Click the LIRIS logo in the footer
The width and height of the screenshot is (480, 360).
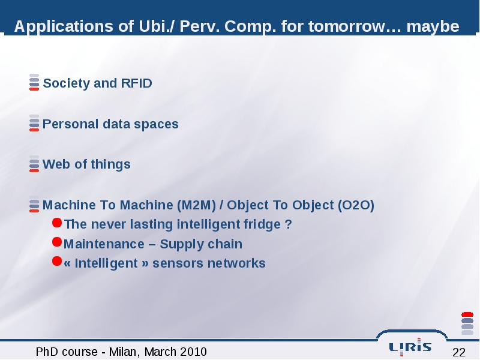(410, 347)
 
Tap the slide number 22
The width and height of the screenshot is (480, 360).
(459, 352)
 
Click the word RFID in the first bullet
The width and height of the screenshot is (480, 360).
(137, 83)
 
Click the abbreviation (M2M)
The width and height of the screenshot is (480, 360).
(197, 205)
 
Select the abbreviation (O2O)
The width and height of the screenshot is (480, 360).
(356, 205)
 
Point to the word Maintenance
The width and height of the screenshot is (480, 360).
(104, 244)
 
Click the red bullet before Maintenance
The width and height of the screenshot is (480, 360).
(57, 242)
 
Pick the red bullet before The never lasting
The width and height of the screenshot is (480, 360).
(57, 223)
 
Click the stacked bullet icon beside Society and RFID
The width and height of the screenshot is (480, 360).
(34, 82)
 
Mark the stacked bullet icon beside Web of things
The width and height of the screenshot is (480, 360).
(34, 164)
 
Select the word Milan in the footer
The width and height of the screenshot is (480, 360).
(122, 352)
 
